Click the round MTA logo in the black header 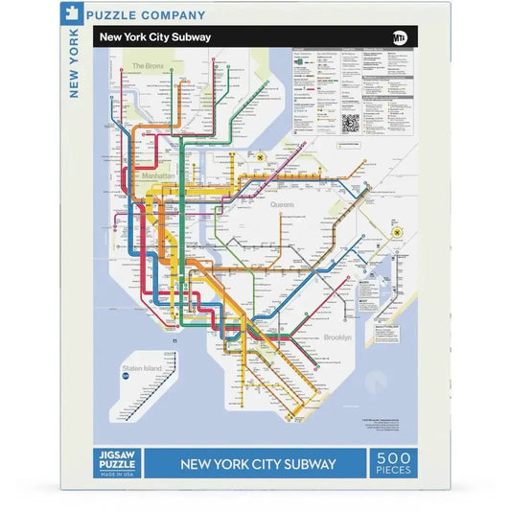pyautogui.click(x=400, y=37)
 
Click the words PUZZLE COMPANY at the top pyautogui.click(x=145, y=15)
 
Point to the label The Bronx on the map pyautogui.click(x=150, y=66)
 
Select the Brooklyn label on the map pyautogui.click(x=337, y=337)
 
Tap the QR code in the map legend pyautogui.click(x=350, y=123)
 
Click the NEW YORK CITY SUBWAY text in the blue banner pyautogui.click(x=258, y=465)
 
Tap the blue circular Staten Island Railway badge pyautogui.click(x=125, y=378)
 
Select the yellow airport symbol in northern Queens pyautogui.click(x=259, y=155)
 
